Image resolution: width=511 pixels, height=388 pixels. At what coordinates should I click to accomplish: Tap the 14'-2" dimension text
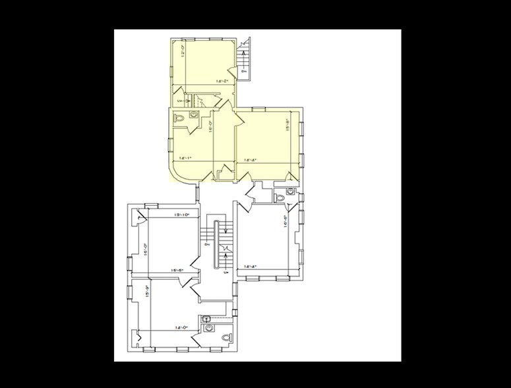222,81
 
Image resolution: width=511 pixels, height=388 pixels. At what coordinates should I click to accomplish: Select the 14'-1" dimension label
185,158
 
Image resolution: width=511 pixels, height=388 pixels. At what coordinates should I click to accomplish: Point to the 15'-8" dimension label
287,124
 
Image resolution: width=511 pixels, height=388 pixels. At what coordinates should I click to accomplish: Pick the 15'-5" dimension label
177,270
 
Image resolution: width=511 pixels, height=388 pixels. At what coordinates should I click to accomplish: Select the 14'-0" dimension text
182,327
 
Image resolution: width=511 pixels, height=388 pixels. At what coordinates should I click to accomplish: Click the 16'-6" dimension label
285,221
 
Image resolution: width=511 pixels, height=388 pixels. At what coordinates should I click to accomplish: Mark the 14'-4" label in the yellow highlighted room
250,160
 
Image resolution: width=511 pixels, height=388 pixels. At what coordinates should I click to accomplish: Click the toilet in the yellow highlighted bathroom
178,119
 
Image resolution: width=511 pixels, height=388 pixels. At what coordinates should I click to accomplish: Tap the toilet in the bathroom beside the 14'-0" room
228,337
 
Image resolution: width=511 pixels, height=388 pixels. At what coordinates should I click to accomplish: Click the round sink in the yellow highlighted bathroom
194,115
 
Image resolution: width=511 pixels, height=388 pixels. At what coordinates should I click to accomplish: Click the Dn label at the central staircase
207,244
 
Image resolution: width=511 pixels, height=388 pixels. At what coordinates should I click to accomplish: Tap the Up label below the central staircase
226,271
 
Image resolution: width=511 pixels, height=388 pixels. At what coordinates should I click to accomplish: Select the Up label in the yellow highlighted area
180,100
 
